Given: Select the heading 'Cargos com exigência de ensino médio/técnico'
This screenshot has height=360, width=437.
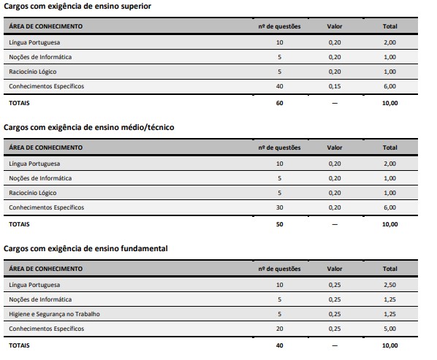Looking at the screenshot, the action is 89,127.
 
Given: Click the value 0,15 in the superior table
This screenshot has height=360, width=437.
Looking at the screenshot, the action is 334,86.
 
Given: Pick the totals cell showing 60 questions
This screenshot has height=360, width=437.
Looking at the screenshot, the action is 279,103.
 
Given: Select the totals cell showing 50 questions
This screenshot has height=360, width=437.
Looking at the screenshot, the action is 279,224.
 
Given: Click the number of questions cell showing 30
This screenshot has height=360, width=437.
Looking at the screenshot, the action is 279,207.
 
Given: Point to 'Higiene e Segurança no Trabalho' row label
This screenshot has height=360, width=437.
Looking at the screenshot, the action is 54,314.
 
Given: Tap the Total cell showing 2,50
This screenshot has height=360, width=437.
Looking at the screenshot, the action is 389,284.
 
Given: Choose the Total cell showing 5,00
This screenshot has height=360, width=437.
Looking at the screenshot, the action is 389,329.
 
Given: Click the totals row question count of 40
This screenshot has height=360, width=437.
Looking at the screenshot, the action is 279,345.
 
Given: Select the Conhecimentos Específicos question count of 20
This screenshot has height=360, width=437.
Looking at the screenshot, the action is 279,329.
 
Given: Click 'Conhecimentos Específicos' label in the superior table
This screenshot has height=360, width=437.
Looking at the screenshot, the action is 46,86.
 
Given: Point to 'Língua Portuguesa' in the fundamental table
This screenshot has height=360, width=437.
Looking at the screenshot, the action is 35,284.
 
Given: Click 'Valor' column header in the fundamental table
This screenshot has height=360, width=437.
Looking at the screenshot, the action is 334,269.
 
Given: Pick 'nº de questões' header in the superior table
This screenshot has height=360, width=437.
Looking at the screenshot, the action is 278,26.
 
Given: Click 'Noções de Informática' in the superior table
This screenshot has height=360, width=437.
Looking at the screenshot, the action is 40,56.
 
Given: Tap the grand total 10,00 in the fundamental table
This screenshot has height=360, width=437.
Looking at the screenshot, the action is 389,345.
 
